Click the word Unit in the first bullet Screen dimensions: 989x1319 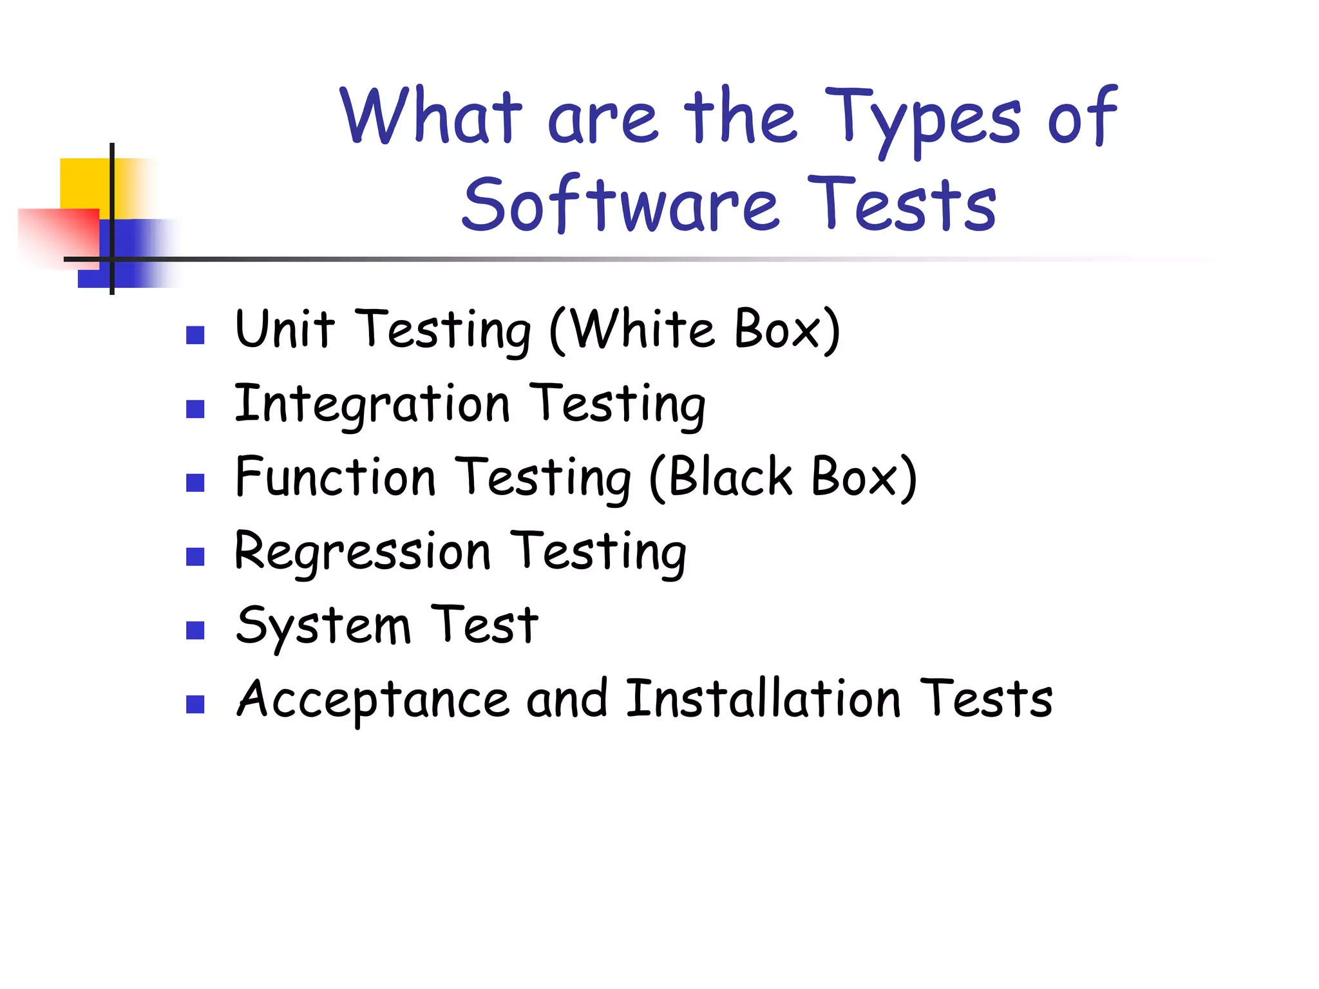(x=285, y=329)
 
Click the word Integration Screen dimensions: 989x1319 (x=372, y=404)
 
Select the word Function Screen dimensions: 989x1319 (x=336, y=477)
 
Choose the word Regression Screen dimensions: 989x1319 (x=363, y=552)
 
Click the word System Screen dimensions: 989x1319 (x=323, y=626)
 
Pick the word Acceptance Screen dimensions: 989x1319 (x=373, y=700)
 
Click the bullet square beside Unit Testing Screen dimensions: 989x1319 (x=195, y=335)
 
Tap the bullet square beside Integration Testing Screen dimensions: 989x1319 (x=195, y=409)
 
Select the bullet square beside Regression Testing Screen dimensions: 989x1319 (x=195, y=556)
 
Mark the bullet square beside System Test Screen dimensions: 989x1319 (x=195, y=630)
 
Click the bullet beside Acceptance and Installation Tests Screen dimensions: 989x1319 (x=195, y=704)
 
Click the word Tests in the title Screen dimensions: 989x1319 (x=902, y=204)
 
